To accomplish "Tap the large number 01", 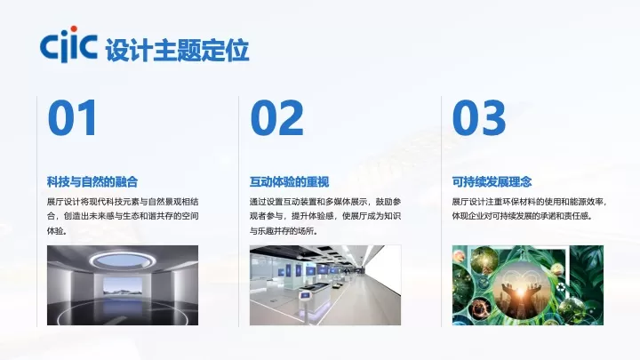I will (73, 118).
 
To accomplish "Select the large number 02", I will (276, 118).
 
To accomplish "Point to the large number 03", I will (479, 118).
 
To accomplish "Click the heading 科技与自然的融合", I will (92, 182).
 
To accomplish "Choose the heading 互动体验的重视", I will (289, 182).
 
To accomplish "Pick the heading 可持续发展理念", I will (492, 182).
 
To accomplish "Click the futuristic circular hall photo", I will (123, 285).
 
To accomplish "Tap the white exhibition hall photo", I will (324, 285).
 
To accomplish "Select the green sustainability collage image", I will (508, 285).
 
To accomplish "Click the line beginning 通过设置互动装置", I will (324, 202).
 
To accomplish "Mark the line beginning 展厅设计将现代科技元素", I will (123, 202).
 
